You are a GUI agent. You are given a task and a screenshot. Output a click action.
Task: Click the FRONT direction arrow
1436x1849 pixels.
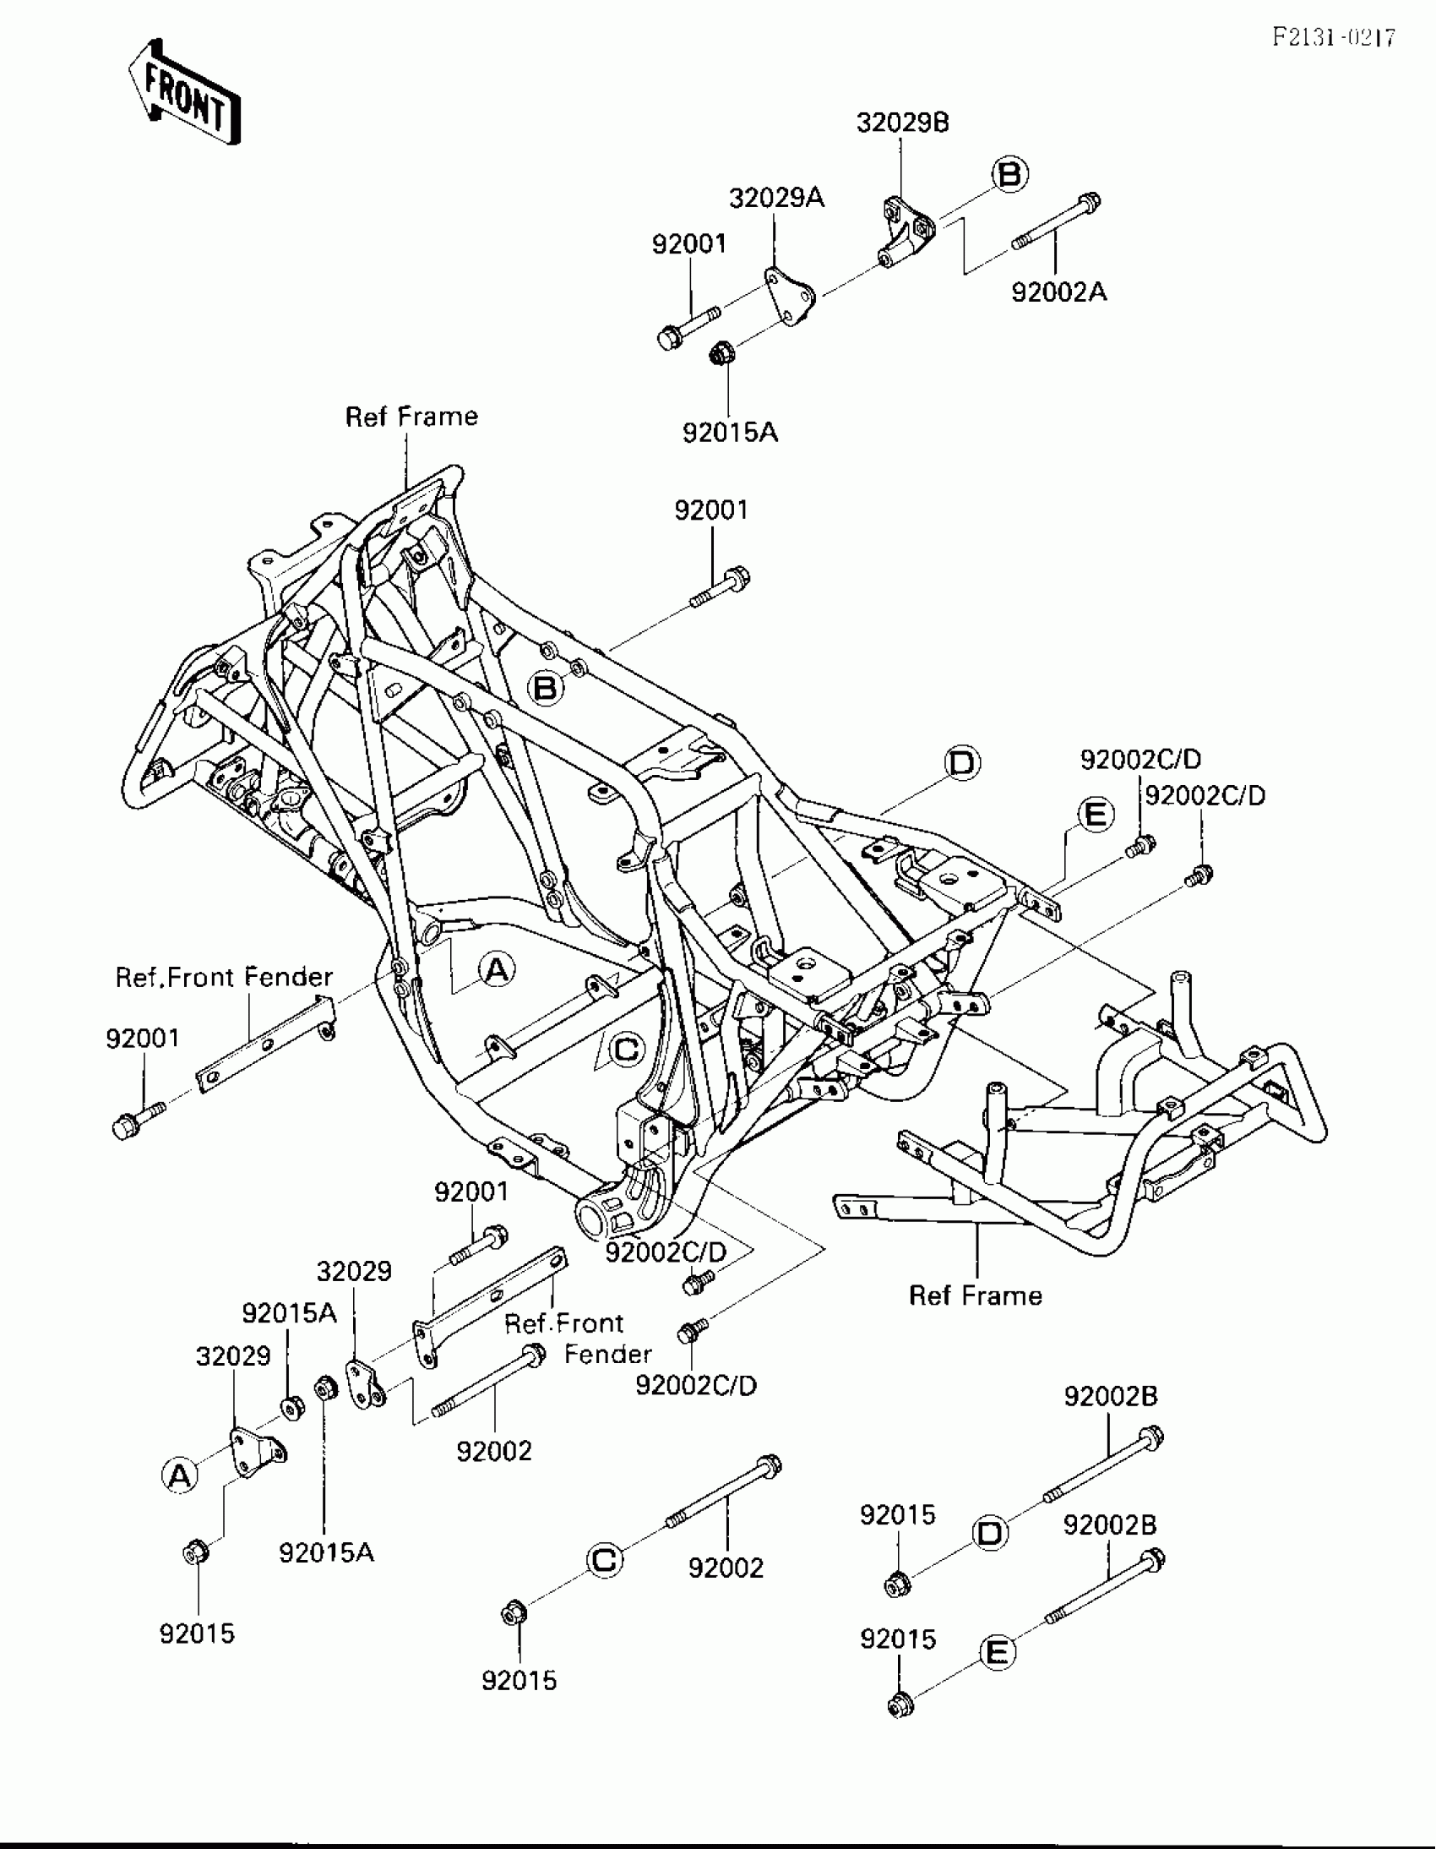(184, 92)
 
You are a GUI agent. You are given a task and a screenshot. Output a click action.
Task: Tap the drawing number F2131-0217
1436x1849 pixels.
(1334, 37)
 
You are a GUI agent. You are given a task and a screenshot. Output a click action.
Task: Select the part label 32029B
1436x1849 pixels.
(902, 123)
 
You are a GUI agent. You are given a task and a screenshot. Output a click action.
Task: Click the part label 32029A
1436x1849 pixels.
(776, 198)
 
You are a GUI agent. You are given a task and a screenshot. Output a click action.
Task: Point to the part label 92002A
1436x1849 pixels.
(1058, 292)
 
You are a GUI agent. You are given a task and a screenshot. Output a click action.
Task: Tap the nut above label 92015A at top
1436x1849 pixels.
(721, 352)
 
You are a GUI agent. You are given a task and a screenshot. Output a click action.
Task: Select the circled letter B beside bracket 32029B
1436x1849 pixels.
(1009, 174)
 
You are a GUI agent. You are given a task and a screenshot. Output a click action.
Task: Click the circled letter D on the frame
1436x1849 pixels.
(962, 763)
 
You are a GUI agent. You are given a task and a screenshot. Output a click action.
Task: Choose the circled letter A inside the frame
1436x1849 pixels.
(497, 968)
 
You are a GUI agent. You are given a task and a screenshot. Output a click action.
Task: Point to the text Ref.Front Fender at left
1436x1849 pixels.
(223, 978)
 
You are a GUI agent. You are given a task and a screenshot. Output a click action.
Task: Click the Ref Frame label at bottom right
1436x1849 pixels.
(975, 1295)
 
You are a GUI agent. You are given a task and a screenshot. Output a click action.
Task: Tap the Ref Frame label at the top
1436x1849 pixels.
(411, 417)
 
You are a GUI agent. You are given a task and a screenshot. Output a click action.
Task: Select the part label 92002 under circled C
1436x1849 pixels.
(726, 1568)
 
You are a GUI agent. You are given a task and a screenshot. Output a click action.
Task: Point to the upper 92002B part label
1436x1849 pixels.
(1109, 1396)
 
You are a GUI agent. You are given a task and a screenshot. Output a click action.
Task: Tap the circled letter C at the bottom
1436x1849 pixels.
(604, 1559)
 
